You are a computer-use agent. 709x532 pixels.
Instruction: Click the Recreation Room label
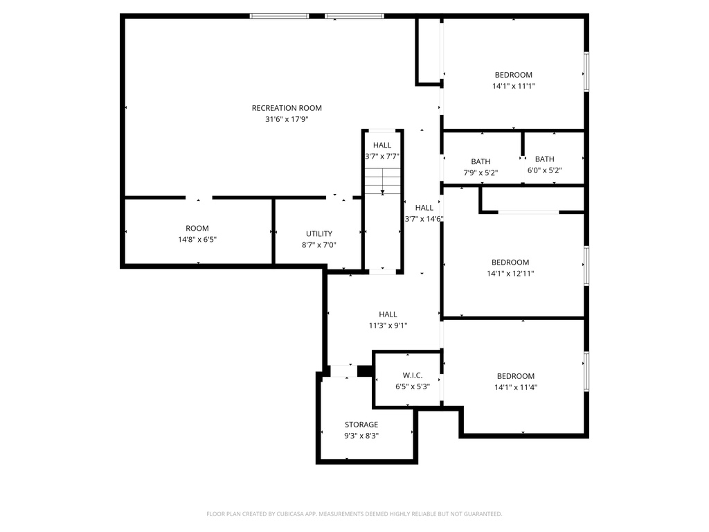click(x=287, y=108)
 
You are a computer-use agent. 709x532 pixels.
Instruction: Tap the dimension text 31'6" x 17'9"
click(x=287, y=119)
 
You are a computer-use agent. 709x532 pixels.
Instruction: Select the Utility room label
click(x=319, y=234)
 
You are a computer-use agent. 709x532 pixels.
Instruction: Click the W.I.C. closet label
click(x=413, y=375)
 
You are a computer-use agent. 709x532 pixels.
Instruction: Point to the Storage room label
click(x=361, y=425)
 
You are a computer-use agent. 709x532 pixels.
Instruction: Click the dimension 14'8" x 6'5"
click(x=197, y=240)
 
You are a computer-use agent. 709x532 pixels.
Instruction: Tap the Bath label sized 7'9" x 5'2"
click(x=481, y=161)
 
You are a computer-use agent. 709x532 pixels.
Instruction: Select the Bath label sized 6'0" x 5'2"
click(x=544, y=159)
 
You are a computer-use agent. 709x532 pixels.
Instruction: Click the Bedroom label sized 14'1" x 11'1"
click(x=513, y=75)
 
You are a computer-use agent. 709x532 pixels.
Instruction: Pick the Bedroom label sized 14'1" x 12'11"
click(x=510, y=263)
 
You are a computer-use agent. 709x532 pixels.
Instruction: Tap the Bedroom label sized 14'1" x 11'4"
click(x=515, y=376)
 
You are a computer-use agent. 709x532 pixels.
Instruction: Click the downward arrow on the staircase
click(x=382, y=191)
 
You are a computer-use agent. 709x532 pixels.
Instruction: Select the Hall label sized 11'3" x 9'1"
click(x=388, y=314)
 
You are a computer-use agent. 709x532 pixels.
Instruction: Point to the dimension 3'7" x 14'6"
click(x=424, y=219)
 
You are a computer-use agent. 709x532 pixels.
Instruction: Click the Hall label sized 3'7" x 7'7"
click(x=382, y=145)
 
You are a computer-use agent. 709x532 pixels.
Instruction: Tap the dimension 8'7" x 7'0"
click(x=319, y=245)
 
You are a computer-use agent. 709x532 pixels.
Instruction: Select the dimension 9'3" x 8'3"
click(x=361, y=436)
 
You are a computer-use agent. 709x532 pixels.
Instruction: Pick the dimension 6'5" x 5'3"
click(x=413, y=387)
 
